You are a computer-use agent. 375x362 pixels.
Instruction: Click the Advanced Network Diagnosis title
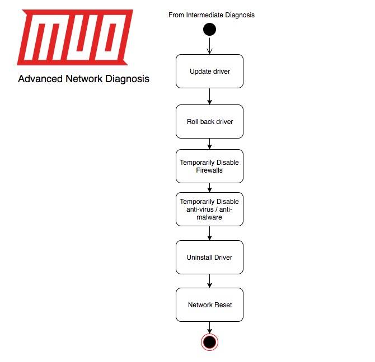pos(83,79)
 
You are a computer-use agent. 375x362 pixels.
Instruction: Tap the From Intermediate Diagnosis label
pos(211,15)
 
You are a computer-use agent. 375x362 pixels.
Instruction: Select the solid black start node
pos(209,29)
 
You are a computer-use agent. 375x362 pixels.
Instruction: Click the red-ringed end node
pos(209,342)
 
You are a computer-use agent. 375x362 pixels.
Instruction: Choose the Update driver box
pos(209,71)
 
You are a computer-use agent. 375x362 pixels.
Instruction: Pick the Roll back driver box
pos(209,121)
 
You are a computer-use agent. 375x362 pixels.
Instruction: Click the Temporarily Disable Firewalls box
pos(209,166)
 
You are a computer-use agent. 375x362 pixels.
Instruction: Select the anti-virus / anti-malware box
pos(209,209)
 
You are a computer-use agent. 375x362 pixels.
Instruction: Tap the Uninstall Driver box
pos(209,257)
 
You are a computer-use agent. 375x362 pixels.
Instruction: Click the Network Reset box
pos(209,304)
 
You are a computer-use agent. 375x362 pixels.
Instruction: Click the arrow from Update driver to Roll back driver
pos(209,96)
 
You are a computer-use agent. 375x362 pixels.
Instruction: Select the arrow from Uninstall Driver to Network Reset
pos(209,280)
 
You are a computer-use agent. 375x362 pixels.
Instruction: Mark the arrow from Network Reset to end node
pos(209,327)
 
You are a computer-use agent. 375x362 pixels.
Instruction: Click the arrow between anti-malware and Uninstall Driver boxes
pos(209,233)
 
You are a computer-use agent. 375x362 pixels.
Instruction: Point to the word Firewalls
pos(209,170)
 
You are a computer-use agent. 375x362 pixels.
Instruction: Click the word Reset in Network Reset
pos(222,304)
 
